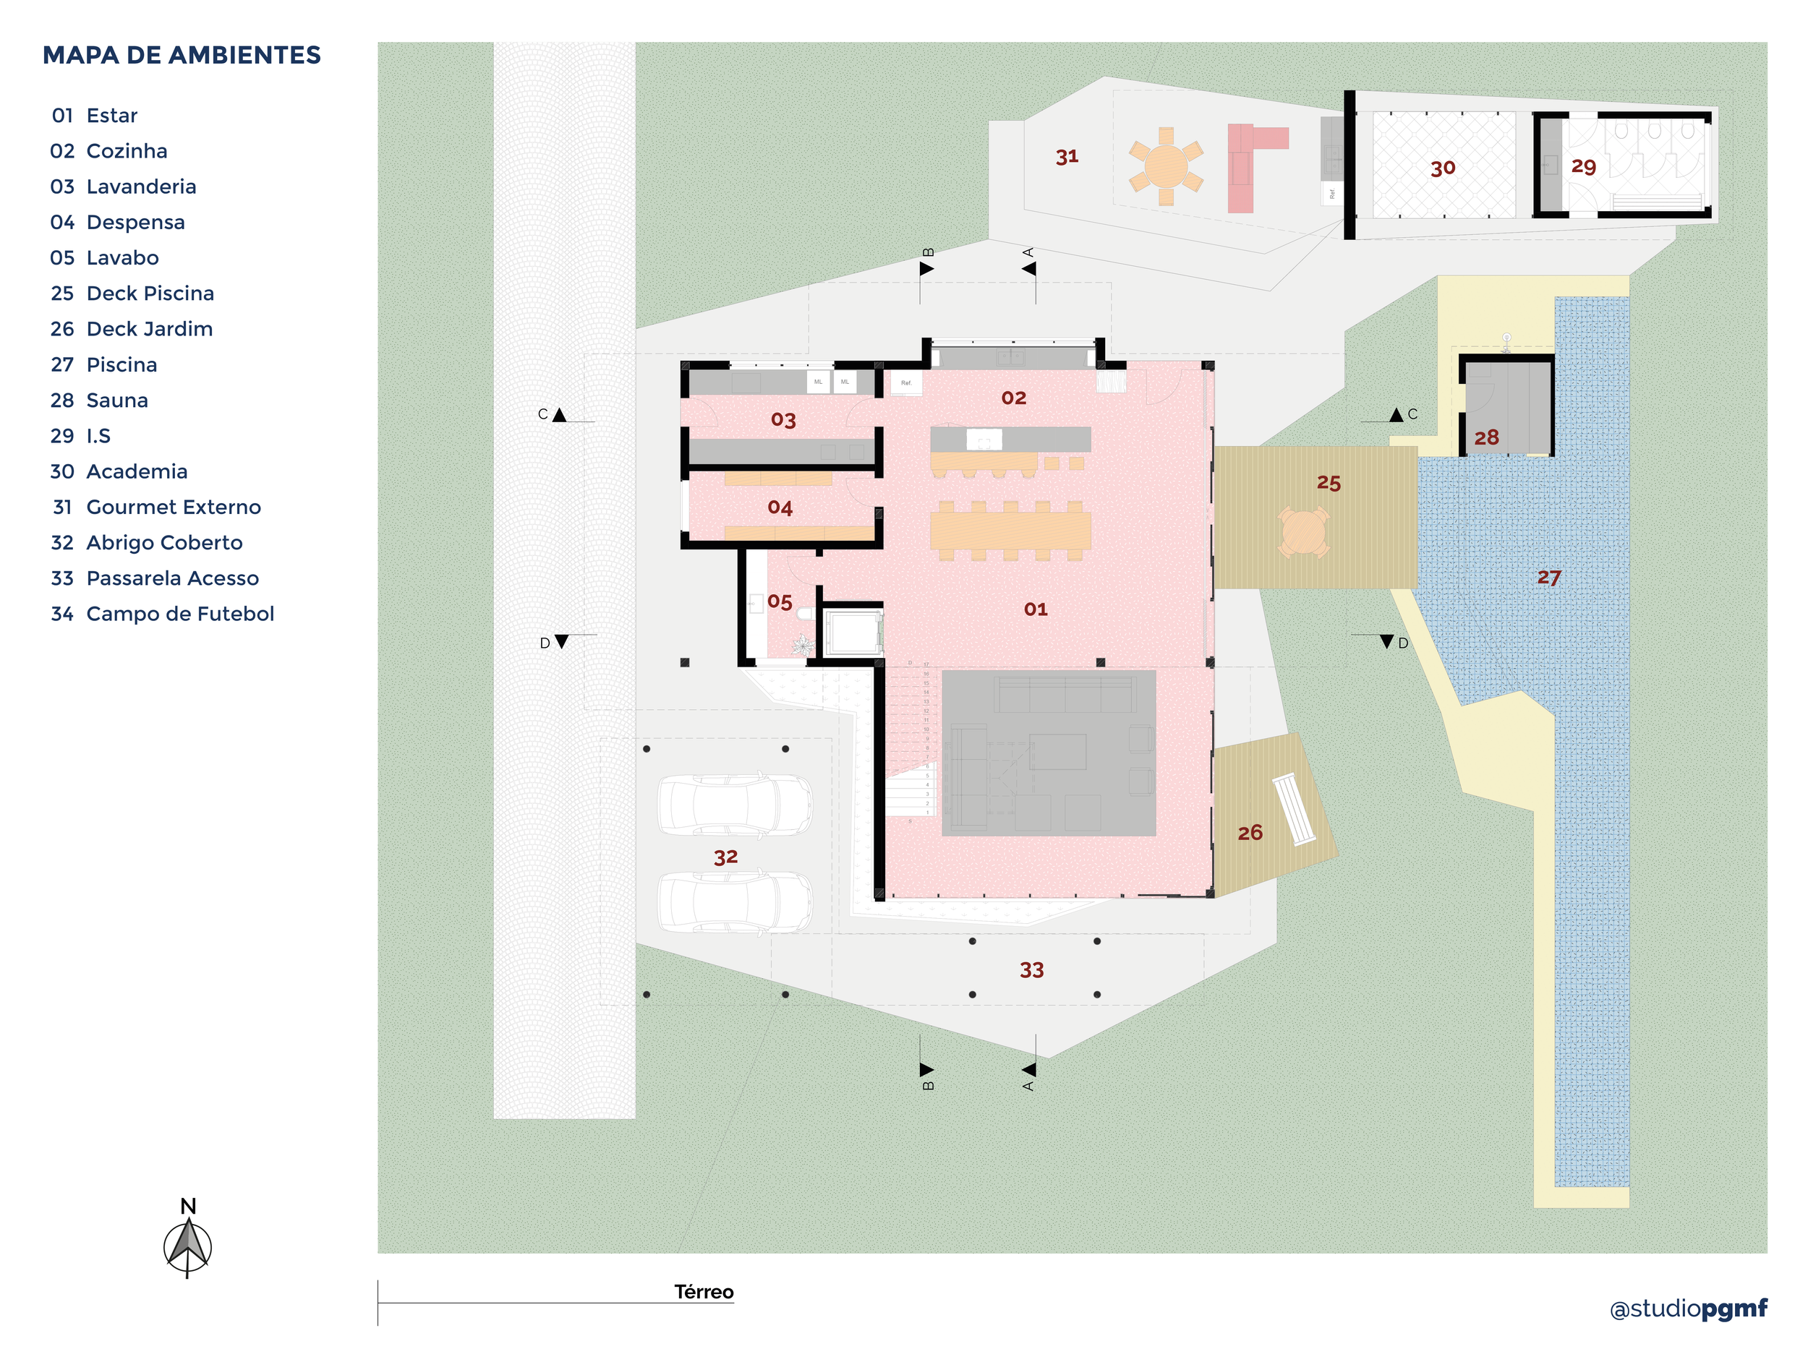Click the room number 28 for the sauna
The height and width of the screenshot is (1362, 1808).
1486,438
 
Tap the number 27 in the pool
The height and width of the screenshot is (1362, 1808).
1549,578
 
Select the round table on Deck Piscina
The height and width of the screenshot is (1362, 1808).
1304,533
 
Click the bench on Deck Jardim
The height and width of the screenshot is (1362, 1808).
1294,809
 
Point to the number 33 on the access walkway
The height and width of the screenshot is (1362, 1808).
1031,970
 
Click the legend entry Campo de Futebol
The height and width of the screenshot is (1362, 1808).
180,614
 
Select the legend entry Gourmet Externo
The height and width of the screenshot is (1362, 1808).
174,507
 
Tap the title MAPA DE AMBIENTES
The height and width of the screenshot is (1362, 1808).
182,56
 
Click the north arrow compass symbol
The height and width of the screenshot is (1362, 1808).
188,1246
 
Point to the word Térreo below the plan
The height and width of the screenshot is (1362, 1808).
704,1292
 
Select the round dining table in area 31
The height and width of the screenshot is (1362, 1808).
1167,166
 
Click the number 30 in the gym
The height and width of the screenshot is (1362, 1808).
1443,168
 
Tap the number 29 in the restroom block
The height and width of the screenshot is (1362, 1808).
1583,167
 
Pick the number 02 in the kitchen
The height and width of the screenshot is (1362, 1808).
1013,398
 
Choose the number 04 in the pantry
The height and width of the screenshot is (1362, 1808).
780,508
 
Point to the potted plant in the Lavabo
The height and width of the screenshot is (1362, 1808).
803,646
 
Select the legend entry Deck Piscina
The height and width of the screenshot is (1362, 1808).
150,294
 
